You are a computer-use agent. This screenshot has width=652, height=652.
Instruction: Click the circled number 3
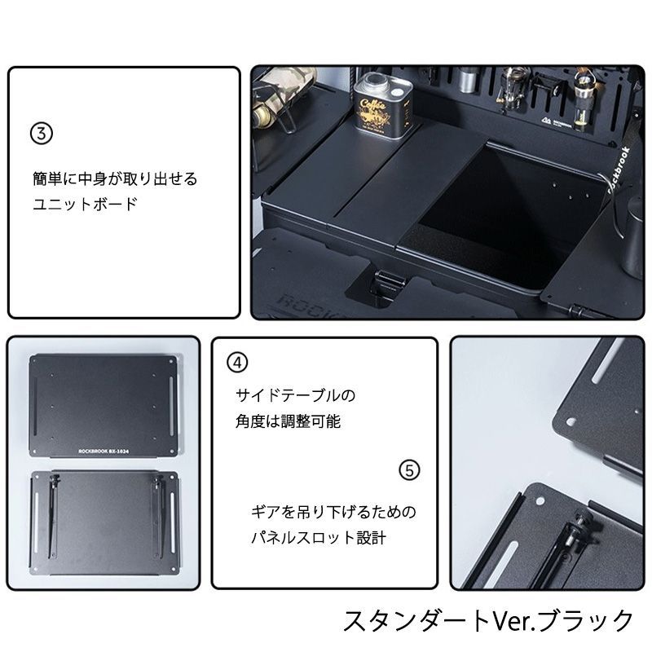pyautogui.click(x=41, y=133)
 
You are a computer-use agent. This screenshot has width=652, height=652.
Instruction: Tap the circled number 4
pyautogui.click(x=236, y=362)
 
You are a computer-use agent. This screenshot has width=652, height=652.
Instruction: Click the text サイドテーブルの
pyautogui.click(x=295, y=395)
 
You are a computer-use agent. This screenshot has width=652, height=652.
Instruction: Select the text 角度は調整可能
pyautogui.click(x=288, y=421)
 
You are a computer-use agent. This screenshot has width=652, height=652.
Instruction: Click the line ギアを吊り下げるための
pyautogui.click(x=333, y=513)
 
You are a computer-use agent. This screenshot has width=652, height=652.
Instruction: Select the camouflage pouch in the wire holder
pyautogui.click(x=281, y=90)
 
